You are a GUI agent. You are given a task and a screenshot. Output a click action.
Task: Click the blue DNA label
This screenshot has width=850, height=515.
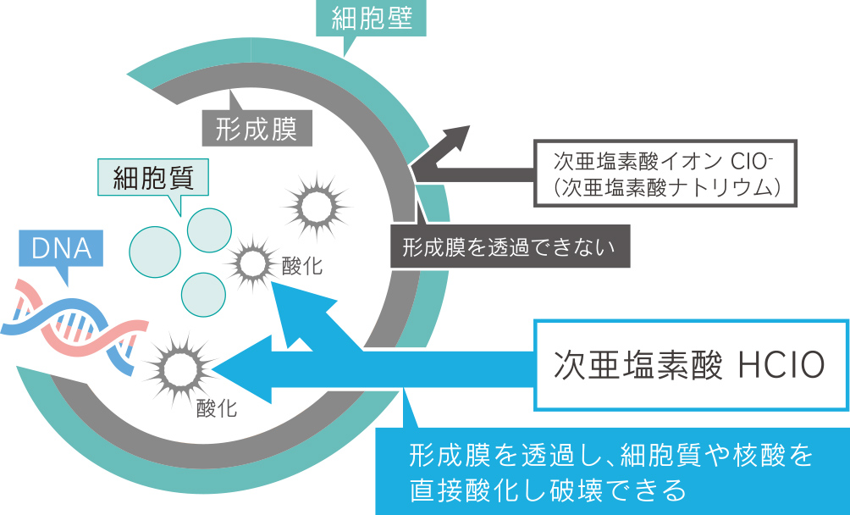point(60,247)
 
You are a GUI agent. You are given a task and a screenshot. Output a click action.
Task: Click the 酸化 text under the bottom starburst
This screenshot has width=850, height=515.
point(217,409)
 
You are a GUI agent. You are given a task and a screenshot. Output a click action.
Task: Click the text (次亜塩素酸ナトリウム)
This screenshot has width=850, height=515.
point(665,185)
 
